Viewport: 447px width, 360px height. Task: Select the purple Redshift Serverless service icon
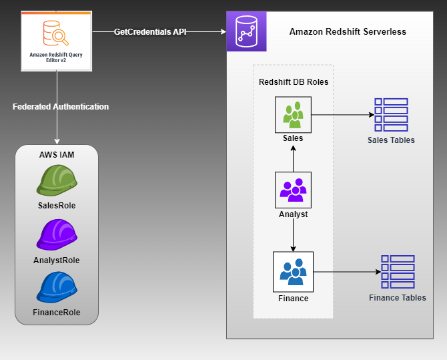click(x=246, y=31)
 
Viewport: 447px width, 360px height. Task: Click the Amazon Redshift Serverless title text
click(x=348, y=32)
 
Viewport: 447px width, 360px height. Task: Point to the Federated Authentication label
click(x=61, y=107)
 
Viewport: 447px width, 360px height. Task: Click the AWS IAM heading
click(x=57, y=154)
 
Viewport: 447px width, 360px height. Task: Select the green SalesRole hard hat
click(x=57, y=180)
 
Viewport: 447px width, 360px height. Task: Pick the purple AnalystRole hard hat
click(x=57, y=235)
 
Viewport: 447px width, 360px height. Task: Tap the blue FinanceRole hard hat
click(x=57, y=288)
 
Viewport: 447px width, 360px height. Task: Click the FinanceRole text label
click(x=57, y=313)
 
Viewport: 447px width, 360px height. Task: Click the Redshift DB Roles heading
click(x=293, y=81)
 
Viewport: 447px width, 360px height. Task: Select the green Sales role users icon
click(x=293, y=115)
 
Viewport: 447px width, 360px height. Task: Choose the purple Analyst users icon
click(x=293, y=190)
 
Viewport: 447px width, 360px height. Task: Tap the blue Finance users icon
click(x=293, y=271)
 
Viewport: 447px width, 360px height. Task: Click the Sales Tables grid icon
click(x=391, y=115)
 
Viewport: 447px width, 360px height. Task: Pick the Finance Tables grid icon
click(x=398, y=272)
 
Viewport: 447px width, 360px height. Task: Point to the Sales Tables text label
click(x=391, y=140)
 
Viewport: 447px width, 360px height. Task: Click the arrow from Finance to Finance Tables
click(x=347, y=272)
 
